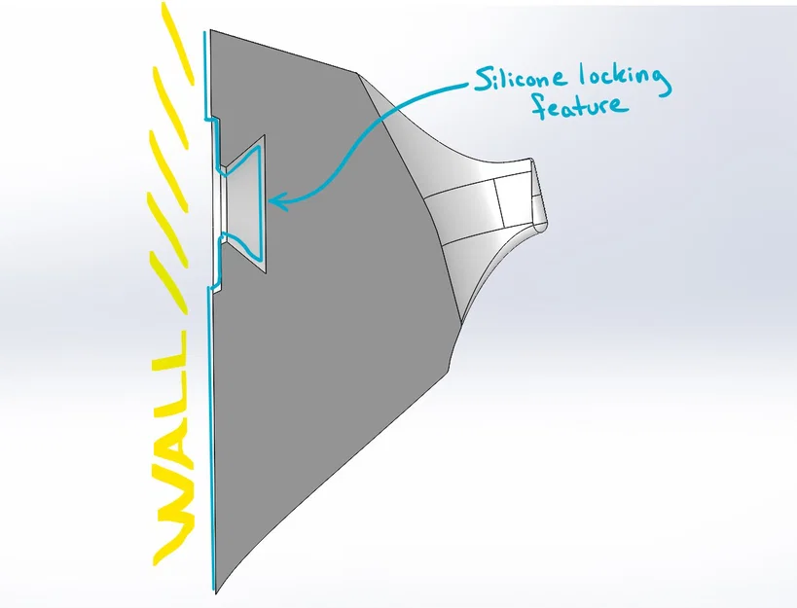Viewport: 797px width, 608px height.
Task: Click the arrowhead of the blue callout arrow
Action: pos(278,202)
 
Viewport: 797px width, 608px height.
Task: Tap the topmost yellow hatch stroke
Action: pos(179,42)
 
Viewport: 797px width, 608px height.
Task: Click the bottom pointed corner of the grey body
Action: pos(215,592)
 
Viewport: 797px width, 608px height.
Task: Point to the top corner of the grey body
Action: pos(211,30)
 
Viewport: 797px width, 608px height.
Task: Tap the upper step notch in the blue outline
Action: pos(212,119)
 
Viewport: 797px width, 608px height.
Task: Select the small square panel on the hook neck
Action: pos(514,199)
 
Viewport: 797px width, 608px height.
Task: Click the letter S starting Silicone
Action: pos(483,80)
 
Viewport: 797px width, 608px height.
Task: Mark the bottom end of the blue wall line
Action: pos(213,590)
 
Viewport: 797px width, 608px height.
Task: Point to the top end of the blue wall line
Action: pos(204,32)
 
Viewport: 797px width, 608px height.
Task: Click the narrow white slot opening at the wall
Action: pos(223,202)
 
